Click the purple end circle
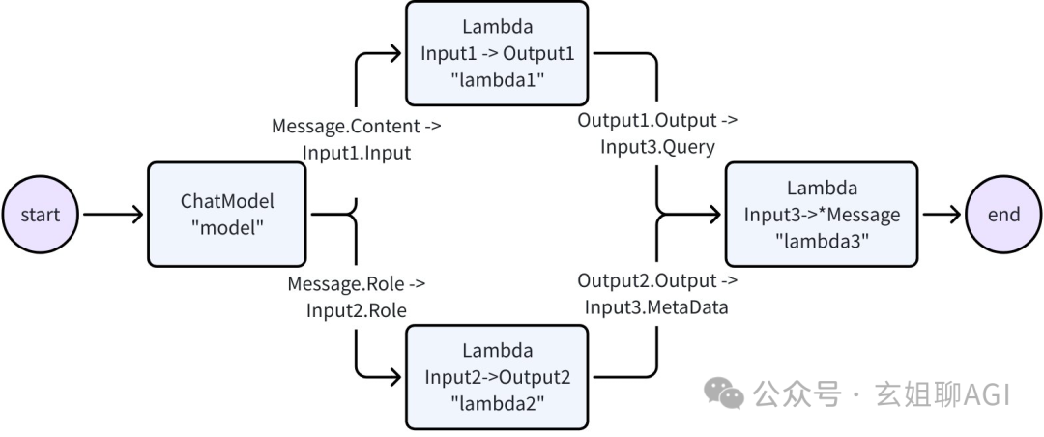(1003, 215)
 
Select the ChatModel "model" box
(227, 215)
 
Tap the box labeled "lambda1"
(497, 54)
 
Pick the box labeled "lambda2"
(497, 376)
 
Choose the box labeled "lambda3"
(822, 215)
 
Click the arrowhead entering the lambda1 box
(394, 54)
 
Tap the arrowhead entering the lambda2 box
(394, 376)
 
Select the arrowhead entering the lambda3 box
(715, 215)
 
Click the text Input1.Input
(356, 153)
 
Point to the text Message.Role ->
(356, 284)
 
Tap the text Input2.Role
(356, 310)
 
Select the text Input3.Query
(657, 147)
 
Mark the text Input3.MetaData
(657, 307)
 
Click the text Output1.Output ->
(657, 121)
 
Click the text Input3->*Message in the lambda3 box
(822, 214)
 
